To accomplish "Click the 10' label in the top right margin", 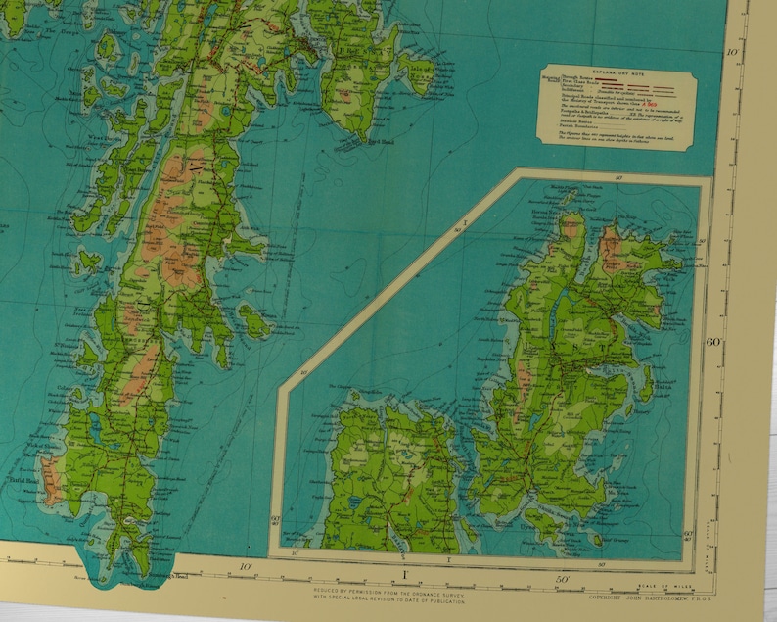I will [x=729, y=48].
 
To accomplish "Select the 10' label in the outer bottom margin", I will [x=249, y=567].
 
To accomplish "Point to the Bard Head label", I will [x=376, y=143].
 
